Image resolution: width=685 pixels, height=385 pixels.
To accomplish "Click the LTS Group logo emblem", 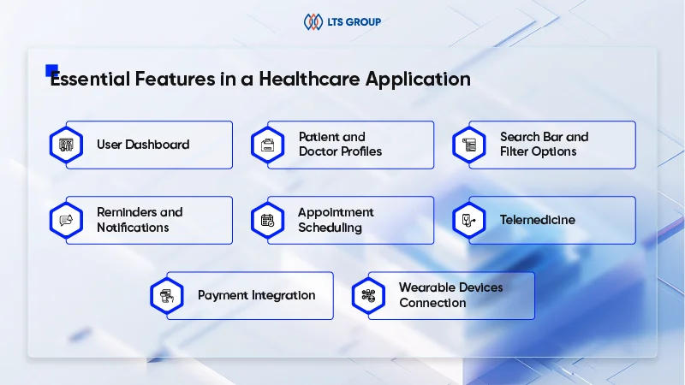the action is [313, 22].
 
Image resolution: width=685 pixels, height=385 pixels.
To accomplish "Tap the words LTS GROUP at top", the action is [354, 22].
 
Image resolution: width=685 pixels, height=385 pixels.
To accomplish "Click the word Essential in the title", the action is [90, 79].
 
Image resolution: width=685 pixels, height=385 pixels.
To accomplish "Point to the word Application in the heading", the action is [418, 80].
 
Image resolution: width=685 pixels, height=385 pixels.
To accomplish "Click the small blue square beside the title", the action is [51, 70].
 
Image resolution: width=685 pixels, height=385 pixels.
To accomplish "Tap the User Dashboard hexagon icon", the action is [67, 145].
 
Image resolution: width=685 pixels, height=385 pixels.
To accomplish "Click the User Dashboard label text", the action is [143, 145].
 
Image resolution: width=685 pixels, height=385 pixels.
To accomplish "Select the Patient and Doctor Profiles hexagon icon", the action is [268, 145].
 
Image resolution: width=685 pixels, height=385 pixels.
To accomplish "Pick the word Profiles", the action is [361, 151].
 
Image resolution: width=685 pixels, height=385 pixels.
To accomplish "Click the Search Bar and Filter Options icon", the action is [469, 145].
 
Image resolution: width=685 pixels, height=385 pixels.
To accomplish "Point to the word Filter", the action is [512, 151].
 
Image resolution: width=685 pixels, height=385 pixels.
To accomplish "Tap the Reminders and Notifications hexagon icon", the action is [67, 221].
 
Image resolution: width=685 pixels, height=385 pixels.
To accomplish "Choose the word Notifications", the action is [133, 228].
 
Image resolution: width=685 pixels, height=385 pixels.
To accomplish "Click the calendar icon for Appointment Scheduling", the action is [268, 221].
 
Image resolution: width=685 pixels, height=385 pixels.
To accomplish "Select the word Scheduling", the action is [331, 228].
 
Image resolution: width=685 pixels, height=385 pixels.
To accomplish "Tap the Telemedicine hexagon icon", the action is [469, 221].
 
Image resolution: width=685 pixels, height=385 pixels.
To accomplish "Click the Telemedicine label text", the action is [538, 220].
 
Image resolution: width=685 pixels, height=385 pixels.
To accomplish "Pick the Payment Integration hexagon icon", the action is [167, 296].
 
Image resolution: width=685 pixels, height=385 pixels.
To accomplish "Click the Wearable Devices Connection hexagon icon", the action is [369, 296].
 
